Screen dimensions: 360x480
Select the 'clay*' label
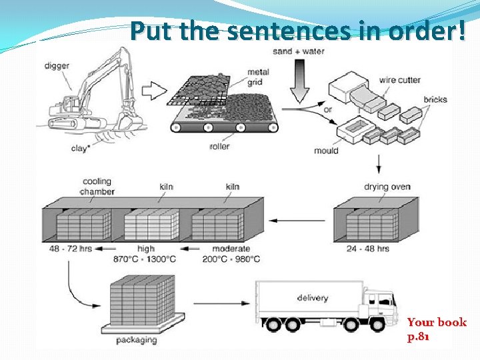80,149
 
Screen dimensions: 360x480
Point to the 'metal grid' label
259,76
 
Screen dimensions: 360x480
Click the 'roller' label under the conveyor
219,146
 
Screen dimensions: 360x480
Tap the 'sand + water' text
299,51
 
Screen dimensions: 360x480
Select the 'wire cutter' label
399,80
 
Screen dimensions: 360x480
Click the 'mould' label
326,151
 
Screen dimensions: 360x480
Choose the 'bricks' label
435,100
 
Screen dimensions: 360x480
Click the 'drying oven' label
387,187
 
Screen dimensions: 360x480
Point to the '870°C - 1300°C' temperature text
146,259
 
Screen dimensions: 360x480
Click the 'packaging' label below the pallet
137,340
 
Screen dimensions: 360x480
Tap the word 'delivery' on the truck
313,297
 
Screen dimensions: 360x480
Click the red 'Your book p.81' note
437,329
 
